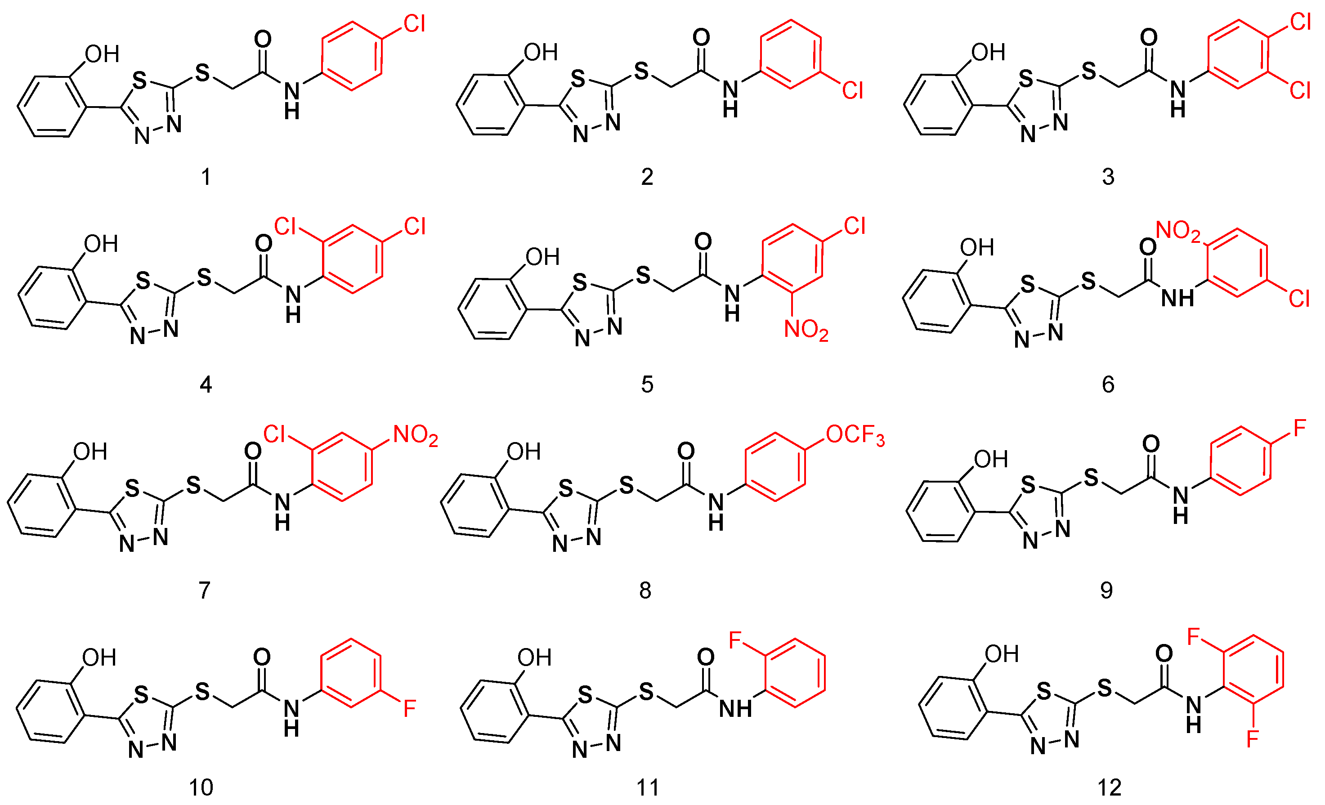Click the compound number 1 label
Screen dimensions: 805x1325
pyautogui.click(x=206, y=177)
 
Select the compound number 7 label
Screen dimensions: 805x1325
pyautogui.click(x=204, y=590)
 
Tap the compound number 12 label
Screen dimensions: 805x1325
pyautogui.click(x=1110, y=788)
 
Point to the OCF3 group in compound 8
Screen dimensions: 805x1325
pyautogui.click(x=855, y=436)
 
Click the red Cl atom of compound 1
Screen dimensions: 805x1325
pyautogui.click(x=415, y=24)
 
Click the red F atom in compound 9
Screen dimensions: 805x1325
pyautogui.click(x=1300, y=429)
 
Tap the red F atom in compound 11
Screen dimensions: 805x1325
pyautogui.click(x=735, y=640)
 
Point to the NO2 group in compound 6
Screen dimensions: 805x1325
pyautogui.click(x=1177, y=231)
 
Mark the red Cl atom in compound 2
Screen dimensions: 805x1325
pyautogui.click(x=853, y=90)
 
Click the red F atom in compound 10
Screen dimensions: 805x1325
pyautogui.click(x=410, y=709)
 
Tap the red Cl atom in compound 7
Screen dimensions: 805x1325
pyautogui.click(x=274, y=434)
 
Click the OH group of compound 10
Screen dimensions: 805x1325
pyautogui.click(x=99, y=657)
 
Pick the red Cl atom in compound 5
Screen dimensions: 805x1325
pyautogui.click(x=855, y=226)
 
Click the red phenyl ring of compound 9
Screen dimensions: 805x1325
pyautogui.click(x=1240, y=461)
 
